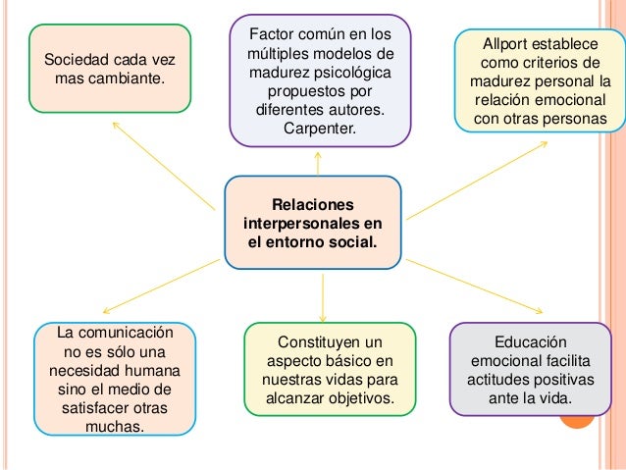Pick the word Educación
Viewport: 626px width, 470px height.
pyautogui.click(x=531, y=341)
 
